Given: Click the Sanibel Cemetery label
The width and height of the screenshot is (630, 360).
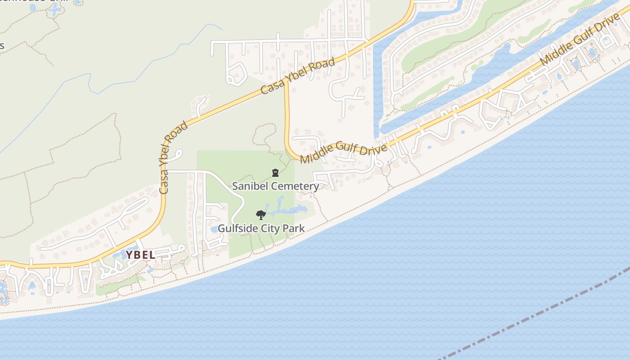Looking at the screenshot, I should tap(275, 186).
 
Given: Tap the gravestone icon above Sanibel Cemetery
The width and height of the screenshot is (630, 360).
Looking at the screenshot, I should tap(275, 173).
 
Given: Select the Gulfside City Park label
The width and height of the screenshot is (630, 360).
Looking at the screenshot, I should tap(261, 229).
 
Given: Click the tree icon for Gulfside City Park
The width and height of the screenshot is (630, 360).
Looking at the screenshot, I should tap(261, 215).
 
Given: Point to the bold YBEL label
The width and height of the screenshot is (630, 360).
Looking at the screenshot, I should tap(140, 255).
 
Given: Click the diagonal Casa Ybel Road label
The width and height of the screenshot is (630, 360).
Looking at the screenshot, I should tap(298, 76).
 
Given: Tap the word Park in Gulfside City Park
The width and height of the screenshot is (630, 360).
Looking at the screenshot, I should tap(294, 229).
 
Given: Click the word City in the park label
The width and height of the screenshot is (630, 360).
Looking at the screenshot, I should tap(270, 229).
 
